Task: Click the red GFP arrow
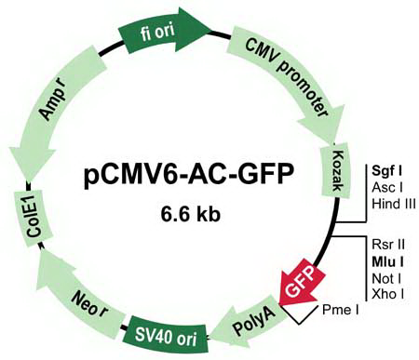(x=300, y=276)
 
